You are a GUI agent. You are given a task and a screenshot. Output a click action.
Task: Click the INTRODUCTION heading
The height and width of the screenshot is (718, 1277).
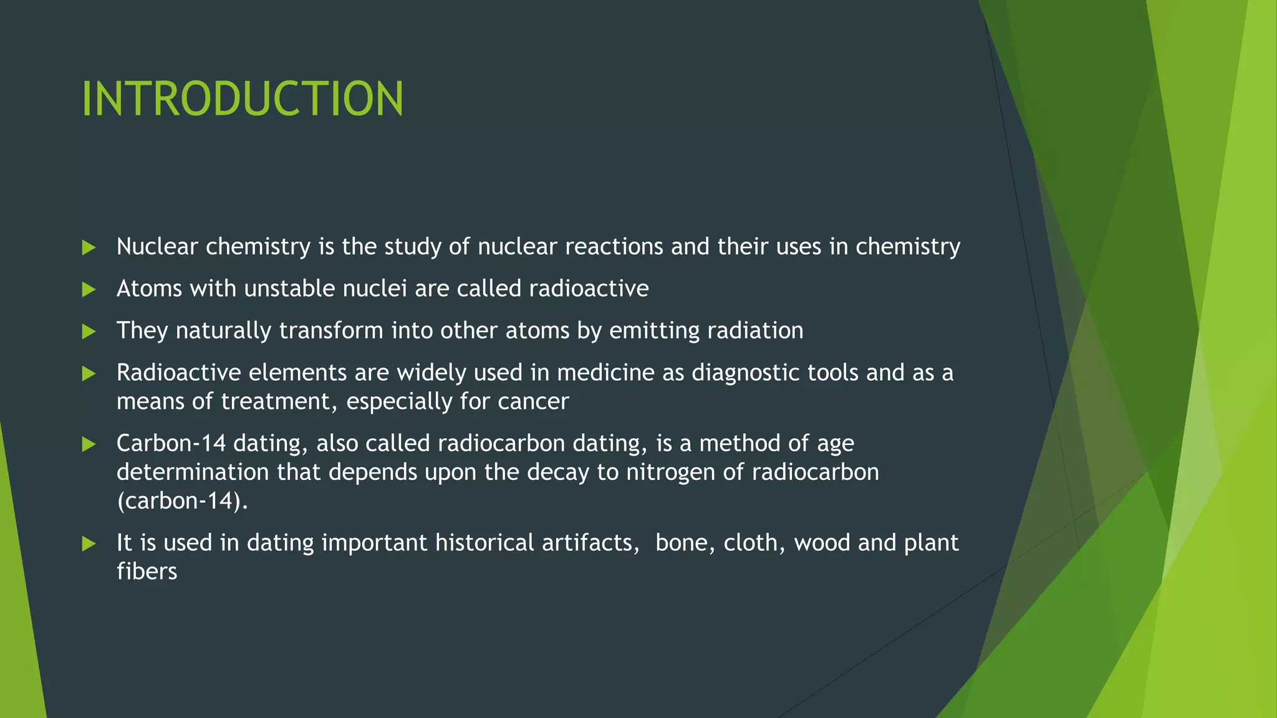(243, 98)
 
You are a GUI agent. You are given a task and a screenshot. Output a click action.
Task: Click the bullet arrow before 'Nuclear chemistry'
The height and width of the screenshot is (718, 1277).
(89, 248)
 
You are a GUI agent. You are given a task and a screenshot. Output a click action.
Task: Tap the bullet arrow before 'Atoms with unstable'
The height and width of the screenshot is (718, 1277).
(89, 290)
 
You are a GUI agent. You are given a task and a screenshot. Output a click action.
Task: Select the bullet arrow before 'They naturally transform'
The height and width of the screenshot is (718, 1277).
(89, 332)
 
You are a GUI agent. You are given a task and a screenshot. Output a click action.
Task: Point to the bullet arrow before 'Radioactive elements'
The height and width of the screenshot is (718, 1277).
(89, 374)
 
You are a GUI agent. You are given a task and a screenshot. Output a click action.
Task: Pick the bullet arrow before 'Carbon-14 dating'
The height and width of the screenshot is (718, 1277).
(89, 444)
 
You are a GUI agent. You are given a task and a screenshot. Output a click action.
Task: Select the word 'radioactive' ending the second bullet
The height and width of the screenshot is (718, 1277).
(589, 289)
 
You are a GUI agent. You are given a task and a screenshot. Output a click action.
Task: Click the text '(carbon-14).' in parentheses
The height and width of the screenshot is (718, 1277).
(182, 501)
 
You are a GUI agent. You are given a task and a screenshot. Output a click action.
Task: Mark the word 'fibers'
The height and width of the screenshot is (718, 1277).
(147, 572)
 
